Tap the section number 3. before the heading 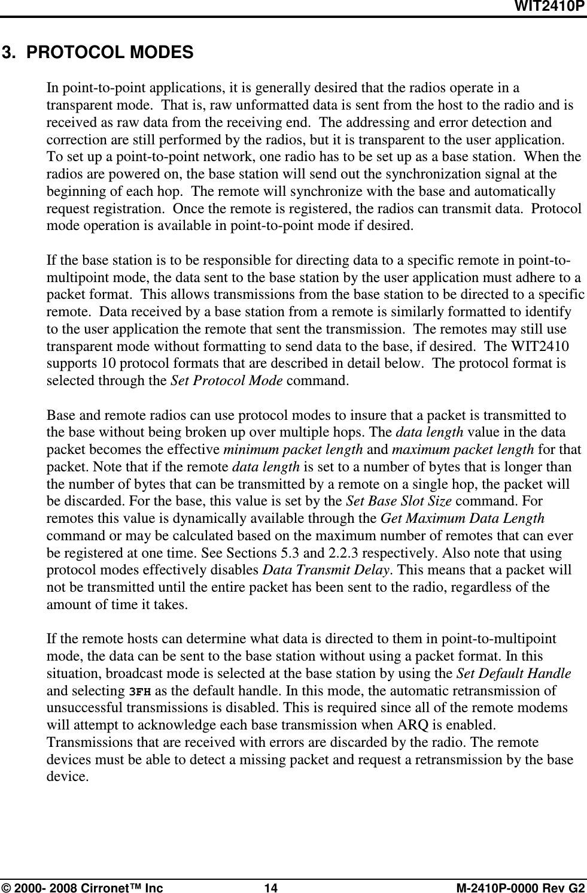point(9,53)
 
